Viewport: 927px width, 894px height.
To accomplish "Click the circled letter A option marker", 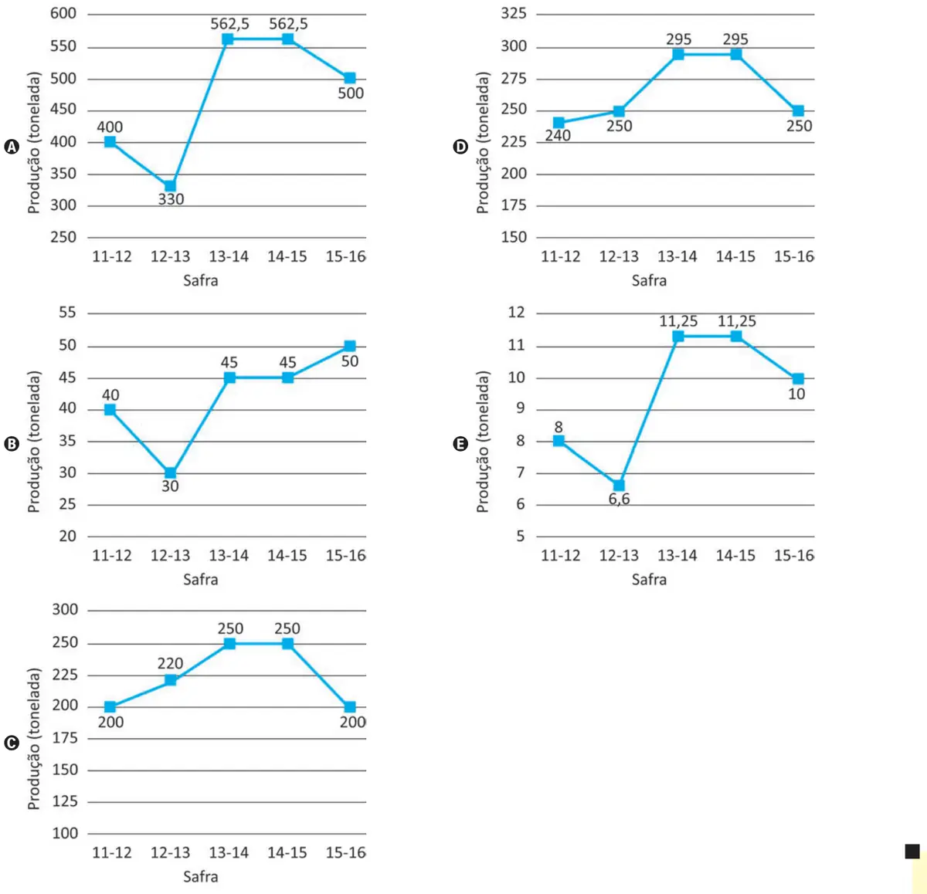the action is [x=12, y=147].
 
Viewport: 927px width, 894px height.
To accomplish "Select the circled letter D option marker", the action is [x=460, y=147].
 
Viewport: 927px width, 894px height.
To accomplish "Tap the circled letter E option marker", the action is [x=460, y=444].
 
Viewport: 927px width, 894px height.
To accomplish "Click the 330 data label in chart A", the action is [x=171, y=199].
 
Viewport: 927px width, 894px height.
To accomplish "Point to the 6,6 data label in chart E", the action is [x=619, y=499].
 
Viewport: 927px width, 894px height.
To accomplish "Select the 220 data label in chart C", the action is [x=170, y=663].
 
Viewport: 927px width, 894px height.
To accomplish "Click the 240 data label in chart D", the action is [x=557, y=136].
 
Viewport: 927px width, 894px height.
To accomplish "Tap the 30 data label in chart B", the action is [x=170, y=486].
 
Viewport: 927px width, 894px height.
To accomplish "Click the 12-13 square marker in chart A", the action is [x=170, y=185].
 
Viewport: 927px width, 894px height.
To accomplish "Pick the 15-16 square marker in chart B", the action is [x=350, y=346].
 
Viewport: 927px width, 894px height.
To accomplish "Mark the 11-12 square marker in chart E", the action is [x=559, y=441].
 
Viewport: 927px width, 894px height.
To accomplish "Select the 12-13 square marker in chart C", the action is [x=170, y=680].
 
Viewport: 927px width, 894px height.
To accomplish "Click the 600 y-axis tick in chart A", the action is [x=63, y=13].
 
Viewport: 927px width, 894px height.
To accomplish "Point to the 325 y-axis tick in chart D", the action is [x=514, y=13].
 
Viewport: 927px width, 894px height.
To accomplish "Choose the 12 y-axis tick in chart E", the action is [x=516, y=312].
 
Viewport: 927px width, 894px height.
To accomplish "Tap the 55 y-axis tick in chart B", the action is [x=67, y=312].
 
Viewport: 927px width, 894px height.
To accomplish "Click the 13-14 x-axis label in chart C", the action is [x=229, y=852].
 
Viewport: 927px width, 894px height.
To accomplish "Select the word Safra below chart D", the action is [x=649, y=280].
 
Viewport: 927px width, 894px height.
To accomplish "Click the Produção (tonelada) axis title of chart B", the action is [x=33, y=442].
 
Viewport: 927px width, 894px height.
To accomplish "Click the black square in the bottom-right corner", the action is [x=912, y=852].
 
